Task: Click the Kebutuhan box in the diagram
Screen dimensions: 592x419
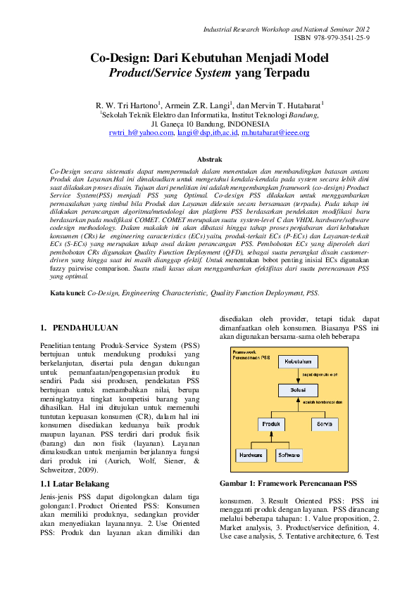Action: pos(297,361)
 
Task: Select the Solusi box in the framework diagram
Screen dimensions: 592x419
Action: pos(297,389)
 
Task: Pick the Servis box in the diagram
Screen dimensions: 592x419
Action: pos(325,425)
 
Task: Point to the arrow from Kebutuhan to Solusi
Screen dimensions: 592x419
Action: pos(297,375)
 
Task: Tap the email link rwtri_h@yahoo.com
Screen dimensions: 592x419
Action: pos(141,131)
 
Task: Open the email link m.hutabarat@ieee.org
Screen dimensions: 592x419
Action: pos(275,131)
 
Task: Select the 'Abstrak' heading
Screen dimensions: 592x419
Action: pos(209,160)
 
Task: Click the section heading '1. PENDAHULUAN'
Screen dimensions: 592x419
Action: pos(79,328)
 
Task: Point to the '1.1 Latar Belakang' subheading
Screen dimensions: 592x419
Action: pos(75,484)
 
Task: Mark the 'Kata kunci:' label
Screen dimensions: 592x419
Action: pos(68,292)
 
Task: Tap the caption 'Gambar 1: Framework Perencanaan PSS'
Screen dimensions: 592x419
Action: pos(289,483)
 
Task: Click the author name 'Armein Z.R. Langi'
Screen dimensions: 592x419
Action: pos(198,105)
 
